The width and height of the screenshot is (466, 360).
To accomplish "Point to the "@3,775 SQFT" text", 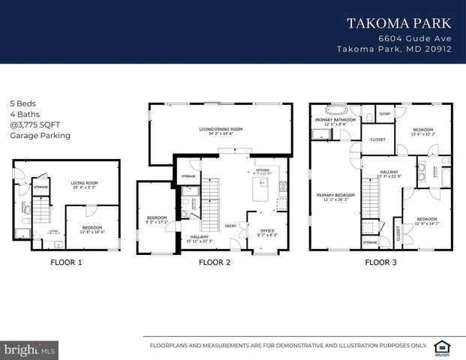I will pos(32,125).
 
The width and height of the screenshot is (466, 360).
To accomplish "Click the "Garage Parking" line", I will pos(40,136).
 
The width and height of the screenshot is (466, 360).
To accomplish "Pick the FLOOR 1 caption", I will pos(66,262).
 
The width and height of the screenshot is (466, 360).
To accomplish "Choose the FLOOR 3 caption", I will pos(380,262).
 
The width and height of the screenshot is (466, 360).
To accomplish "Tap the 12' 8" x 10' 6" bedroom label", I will pos(92,229).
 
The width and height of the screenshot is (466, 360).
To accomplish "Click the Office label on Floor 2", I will pos(267,232).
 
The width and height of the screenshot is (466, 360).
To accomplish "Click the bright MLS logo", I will pos(22,349).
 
